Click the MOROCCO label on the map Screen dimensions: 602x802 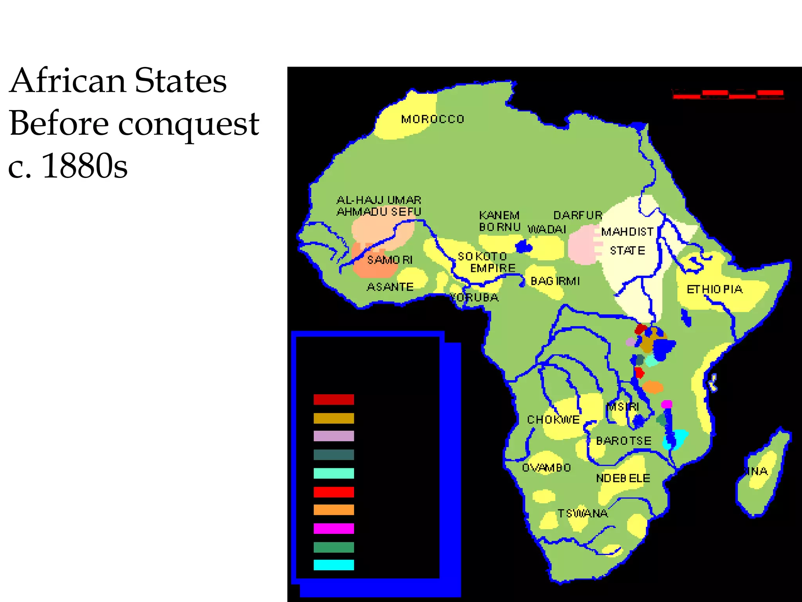[432, 119]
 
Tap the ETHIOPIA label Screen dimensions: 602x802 [715, 290]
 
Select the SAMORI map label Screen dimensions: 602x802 [390, 260]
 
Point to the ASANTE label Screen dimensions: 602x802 [390, 287]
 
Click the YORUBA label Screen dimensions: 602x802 [474, 297]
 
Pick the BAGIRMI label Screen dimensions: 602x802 [555, 281]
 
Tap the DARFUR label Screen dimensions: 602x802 [578, 215]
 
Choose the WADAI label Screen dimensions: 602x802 [547, 229]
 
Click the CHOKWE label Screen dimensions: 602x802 [553, 420]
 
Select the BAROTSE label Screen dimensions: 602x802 [623, 441]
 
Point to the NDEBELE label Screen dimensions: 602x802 [623, 478]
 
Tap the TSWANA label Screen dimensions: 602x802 [583, 513]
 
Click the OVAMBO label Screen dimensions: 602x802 [546, 468]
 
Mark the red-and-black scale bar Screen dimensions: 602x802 [728, 94]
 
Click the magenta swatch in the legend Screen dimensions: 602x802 [334, 528]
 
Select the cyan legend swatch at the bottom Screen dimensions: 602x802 [334, 565]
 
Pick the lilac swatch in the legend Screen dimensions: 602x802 [334, 436]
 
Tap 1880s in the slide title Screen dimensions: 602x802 [84, 166]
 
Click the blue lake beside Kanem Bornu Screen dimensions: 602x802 [524, 247]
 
